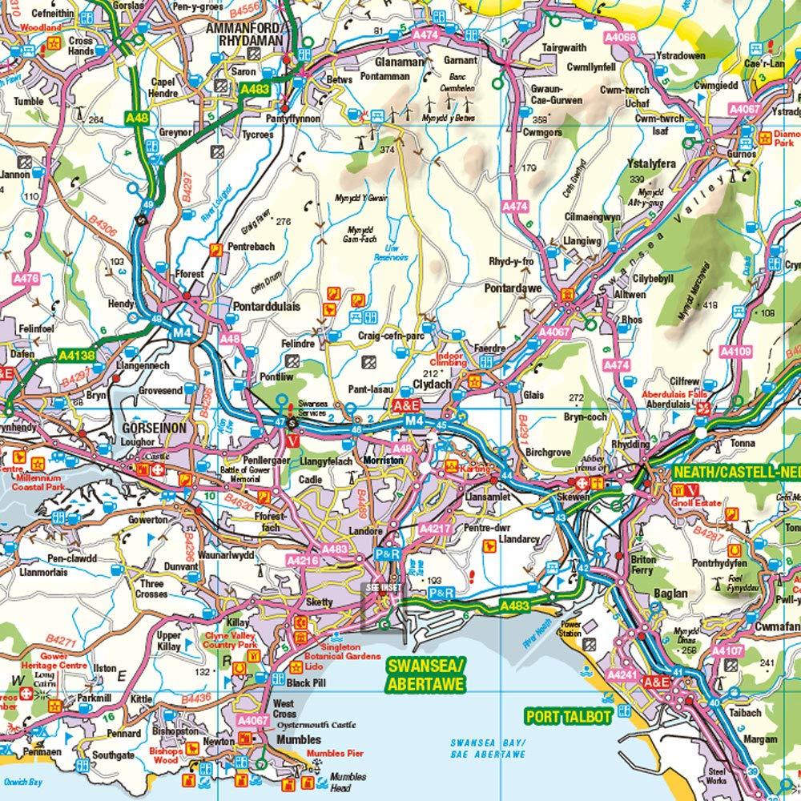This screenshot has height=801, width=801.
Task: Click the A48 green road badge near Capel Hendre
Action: (137, 119)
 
